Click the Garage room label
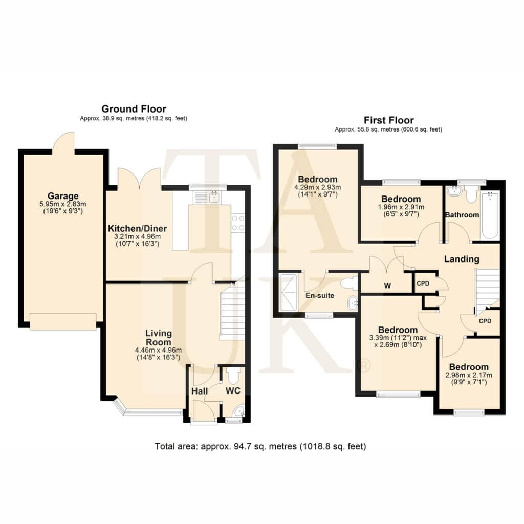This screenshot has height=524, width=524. [x=63, y=196]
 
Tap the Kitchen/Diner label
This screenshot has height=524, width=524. [x=137, y=229]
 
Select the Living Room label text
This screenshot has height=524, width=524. [x=159, y=338]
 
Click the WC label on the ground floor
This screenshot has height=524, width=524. [x=233, y=390]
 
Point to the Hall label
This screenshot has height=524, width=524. [x=200, y=391]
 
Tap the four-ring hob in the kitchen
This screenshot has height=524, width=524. [x=237, y=223]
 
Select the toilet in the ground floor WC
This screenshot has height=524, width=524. [x=233, y=376]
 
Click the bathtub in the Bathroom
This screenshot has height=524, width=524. [x=490, y=215]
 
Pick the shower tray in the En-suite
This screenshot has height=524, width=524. [x=288, y=293]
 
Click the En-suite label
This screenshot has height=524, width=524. [x=320, y=295]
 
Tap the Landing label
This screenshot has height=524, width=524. [x=462, y=259]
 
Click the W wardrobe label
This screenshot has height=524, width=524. [x=387, y=286]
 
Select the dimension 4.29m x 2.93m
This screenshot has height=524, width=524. [x=317, y=187]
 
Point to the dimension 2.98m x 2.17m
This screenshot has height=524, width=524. [x=469, y=375]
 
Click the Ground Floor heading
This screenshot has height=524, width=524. [x=134, y=109]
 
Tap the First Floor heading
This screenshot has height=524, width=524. [x=389, y=120]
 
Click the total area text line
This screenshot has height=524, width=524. [x=260, y=446]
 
